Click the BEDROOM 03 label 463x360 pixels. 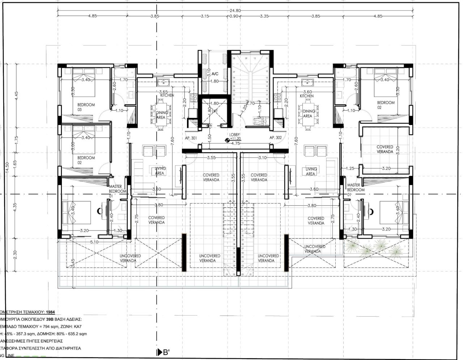pos(86,107)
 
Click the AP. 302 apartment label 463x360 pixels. pos(275,138)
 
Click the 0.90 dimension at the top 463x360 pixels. pos(234,16)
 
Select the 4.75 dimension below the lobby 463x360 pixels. pos(235,143)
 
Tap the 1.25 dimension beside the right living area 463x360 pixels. pos(350,168)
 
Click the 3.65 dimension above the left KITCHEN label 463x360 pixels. pos(163,92)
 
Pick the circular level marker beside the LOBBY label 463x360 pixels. pos(227,141)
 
